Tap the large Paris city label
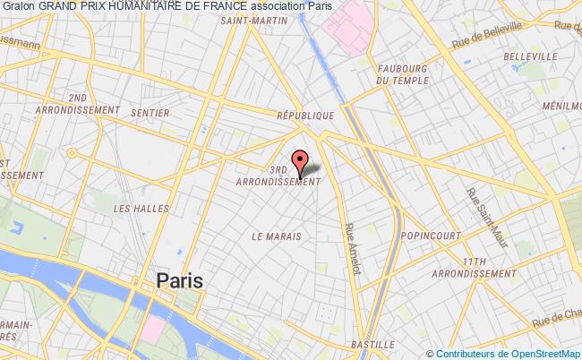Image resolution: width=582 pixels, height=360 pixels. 179,280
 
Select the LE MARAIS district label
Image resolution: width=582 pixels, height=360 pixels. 276,236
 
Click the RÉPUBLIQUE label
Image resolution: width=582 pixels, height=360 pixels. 304,116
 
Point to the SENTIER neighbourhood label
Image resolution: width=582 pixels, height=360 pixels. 150,113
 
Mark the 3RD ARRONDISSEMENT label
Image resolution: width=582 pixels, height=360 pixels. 277,174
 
